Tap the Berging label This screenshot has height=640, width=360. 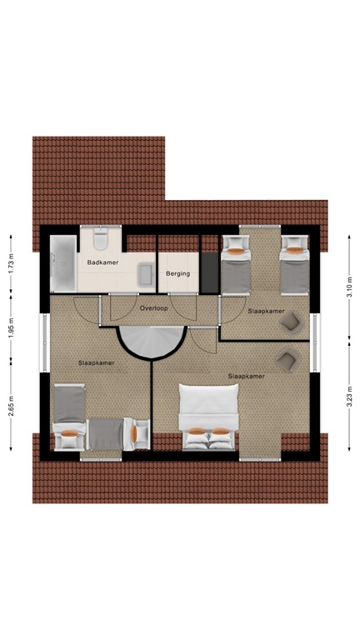coord(177,273)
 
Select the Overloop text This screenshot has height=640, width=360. coord(154,307)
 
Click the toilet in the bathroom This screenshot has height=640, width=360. coord(101,241)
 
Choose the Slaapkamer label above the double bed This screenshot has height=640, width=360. coord(246,376)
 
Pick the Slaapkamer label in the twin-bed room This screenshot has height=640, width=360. coord(266,311)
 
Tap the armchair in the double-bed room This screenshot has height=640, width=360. coord(287,360)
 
